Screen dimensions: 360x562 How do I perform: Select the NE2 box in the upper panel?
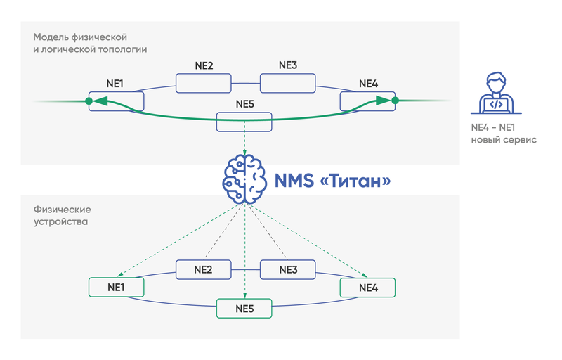pos(203,83)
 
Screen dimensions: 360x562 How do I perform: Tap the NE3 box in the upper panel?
pos(288,83)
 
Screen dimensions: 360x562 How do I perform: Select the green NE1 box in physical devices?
pos(116,287)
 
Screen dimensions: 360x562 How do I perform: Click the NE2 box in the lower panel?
pos(203,269)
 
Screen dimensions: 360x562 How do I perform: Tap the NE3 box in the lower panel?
pos(288,269)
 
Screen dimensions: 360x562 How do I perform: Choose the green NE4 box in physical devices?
pos(367,287)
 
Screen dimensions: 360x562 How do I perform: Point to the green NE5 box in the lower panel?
pos(244,308)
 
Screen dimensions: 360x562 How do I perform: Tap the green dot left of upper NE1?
pos(89,101)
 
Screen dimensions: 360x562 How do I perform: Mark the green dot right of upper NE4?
pos(395,101)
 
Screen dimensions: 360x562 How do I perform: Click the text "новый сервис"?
pos(503,140)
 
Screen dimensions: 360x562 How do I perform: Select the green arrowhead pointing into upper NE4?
pos(382,101)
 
